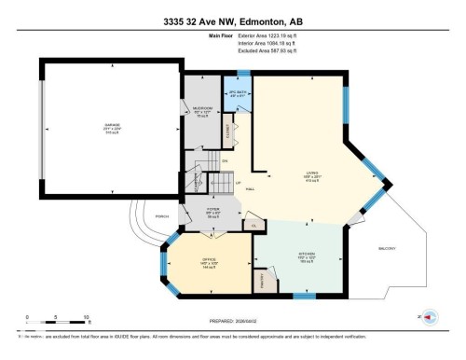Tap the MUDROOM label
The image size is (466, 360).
pos(203,108)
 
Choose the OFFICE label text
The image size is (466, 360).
pos(208,261)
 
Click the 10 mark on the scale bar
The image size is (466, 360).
pos(87,317)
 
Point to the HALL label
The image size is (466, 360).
pos(251,189)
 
